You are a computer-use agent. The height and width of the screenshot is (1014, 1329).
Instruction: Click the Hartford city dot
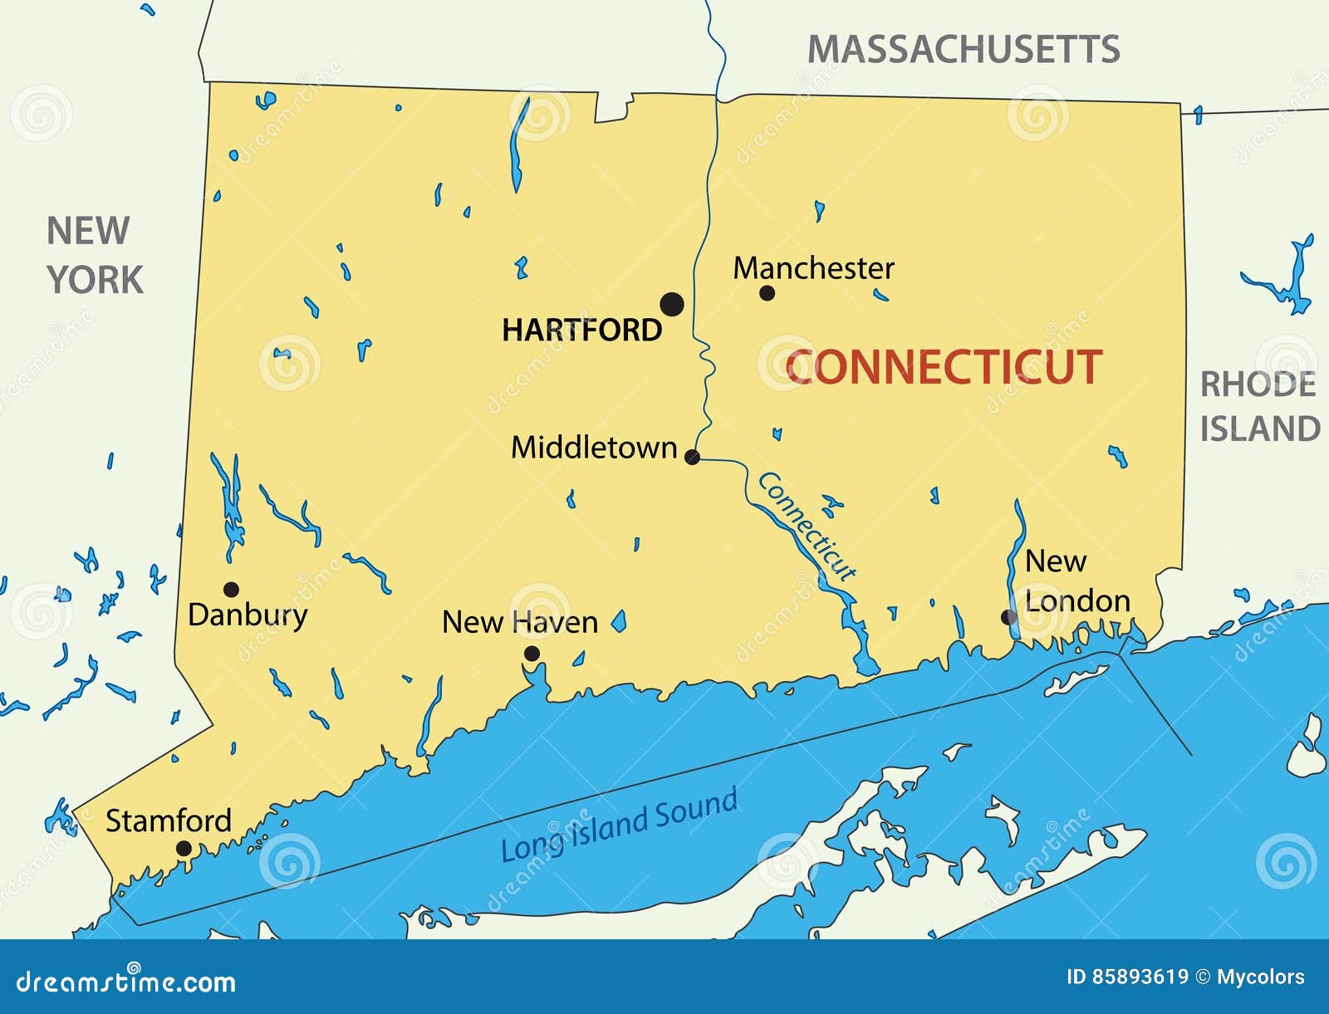(x=672, y=304)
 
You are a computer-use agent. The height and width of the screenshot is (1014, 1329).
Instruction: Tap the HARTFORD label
(x=581, y=331)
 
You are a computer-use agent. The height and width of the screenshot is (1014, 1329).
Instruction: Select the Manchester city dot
(x=767, y=292)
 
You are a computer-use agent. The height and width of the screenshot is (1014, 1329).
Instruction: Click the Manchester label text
(x=813, y=268)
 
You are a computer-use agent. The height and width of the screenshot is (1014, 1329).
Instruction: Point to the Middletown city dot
(x=692, y=457)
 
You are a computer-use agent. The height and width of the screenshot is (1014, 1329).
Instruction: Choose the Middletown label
(x=594, y=448)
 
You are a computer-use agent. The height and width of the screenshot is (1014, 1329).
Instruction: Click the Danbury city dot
(x=232, y=590)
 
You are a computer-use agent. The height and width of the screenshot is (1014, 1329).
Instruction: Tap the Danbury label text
(x=248, y=615)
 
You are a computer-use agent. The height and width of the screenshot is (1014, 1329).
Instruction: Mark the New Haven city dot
(x=532, y=654)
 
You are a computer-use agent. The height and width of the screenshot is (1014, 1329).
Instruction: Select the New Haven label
(x=519, y=622)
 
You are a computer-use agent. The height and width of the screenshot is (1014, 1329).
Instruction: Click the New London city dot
(x=1008, y=617)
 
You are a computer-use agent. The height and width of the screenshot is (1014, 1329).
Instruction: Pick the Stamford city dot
(x=184, y=849)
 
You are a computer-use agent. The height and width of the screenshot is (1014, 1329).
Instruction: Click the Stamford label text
(x=169, y=821)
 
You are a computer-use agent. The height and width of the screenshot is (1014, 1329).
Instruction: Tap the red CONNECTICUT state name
(x=944, y=367)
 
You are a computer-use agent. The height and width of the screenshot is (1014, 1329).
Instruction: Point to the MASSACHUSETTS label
(x=964, y=50)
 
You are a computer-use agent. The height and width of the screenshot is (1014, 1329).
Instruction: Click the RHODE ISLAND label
(x=1259, y=407)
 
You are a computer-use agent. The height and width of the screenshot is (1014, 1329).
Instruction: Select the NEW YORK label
(x=93, y=256)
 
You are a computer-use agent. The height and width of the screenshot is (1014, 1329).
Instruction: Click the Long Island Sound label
(x=620, y=825)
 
